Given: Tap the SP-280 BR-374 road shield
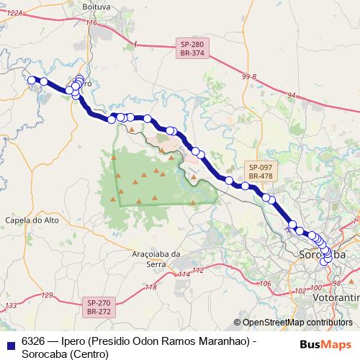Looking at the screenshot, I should coord(192,49).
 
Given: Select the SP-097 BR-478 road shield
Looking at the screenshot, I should coord(260,171).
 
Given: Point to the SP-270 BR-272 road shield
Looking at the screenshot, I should coord(99,307).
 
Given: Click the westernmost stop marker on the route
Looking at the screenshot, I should coord(32,80).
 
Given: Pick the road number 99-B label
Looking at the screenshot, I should coord(249,76).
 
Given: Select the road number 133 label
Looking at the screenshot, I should coord(11,306).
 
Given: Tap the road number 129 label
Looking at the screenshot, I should coord(48,295).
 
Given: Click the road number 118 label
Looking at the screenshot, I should coord(150,287).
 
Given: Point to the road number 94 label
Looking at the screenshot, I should coord(291,94).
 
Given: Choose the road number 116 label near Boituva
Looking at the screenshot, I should coord(91,23).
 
